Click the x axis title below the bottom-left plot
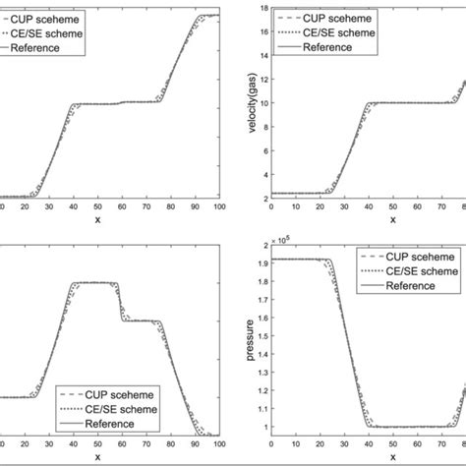(x=97, y=456)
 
